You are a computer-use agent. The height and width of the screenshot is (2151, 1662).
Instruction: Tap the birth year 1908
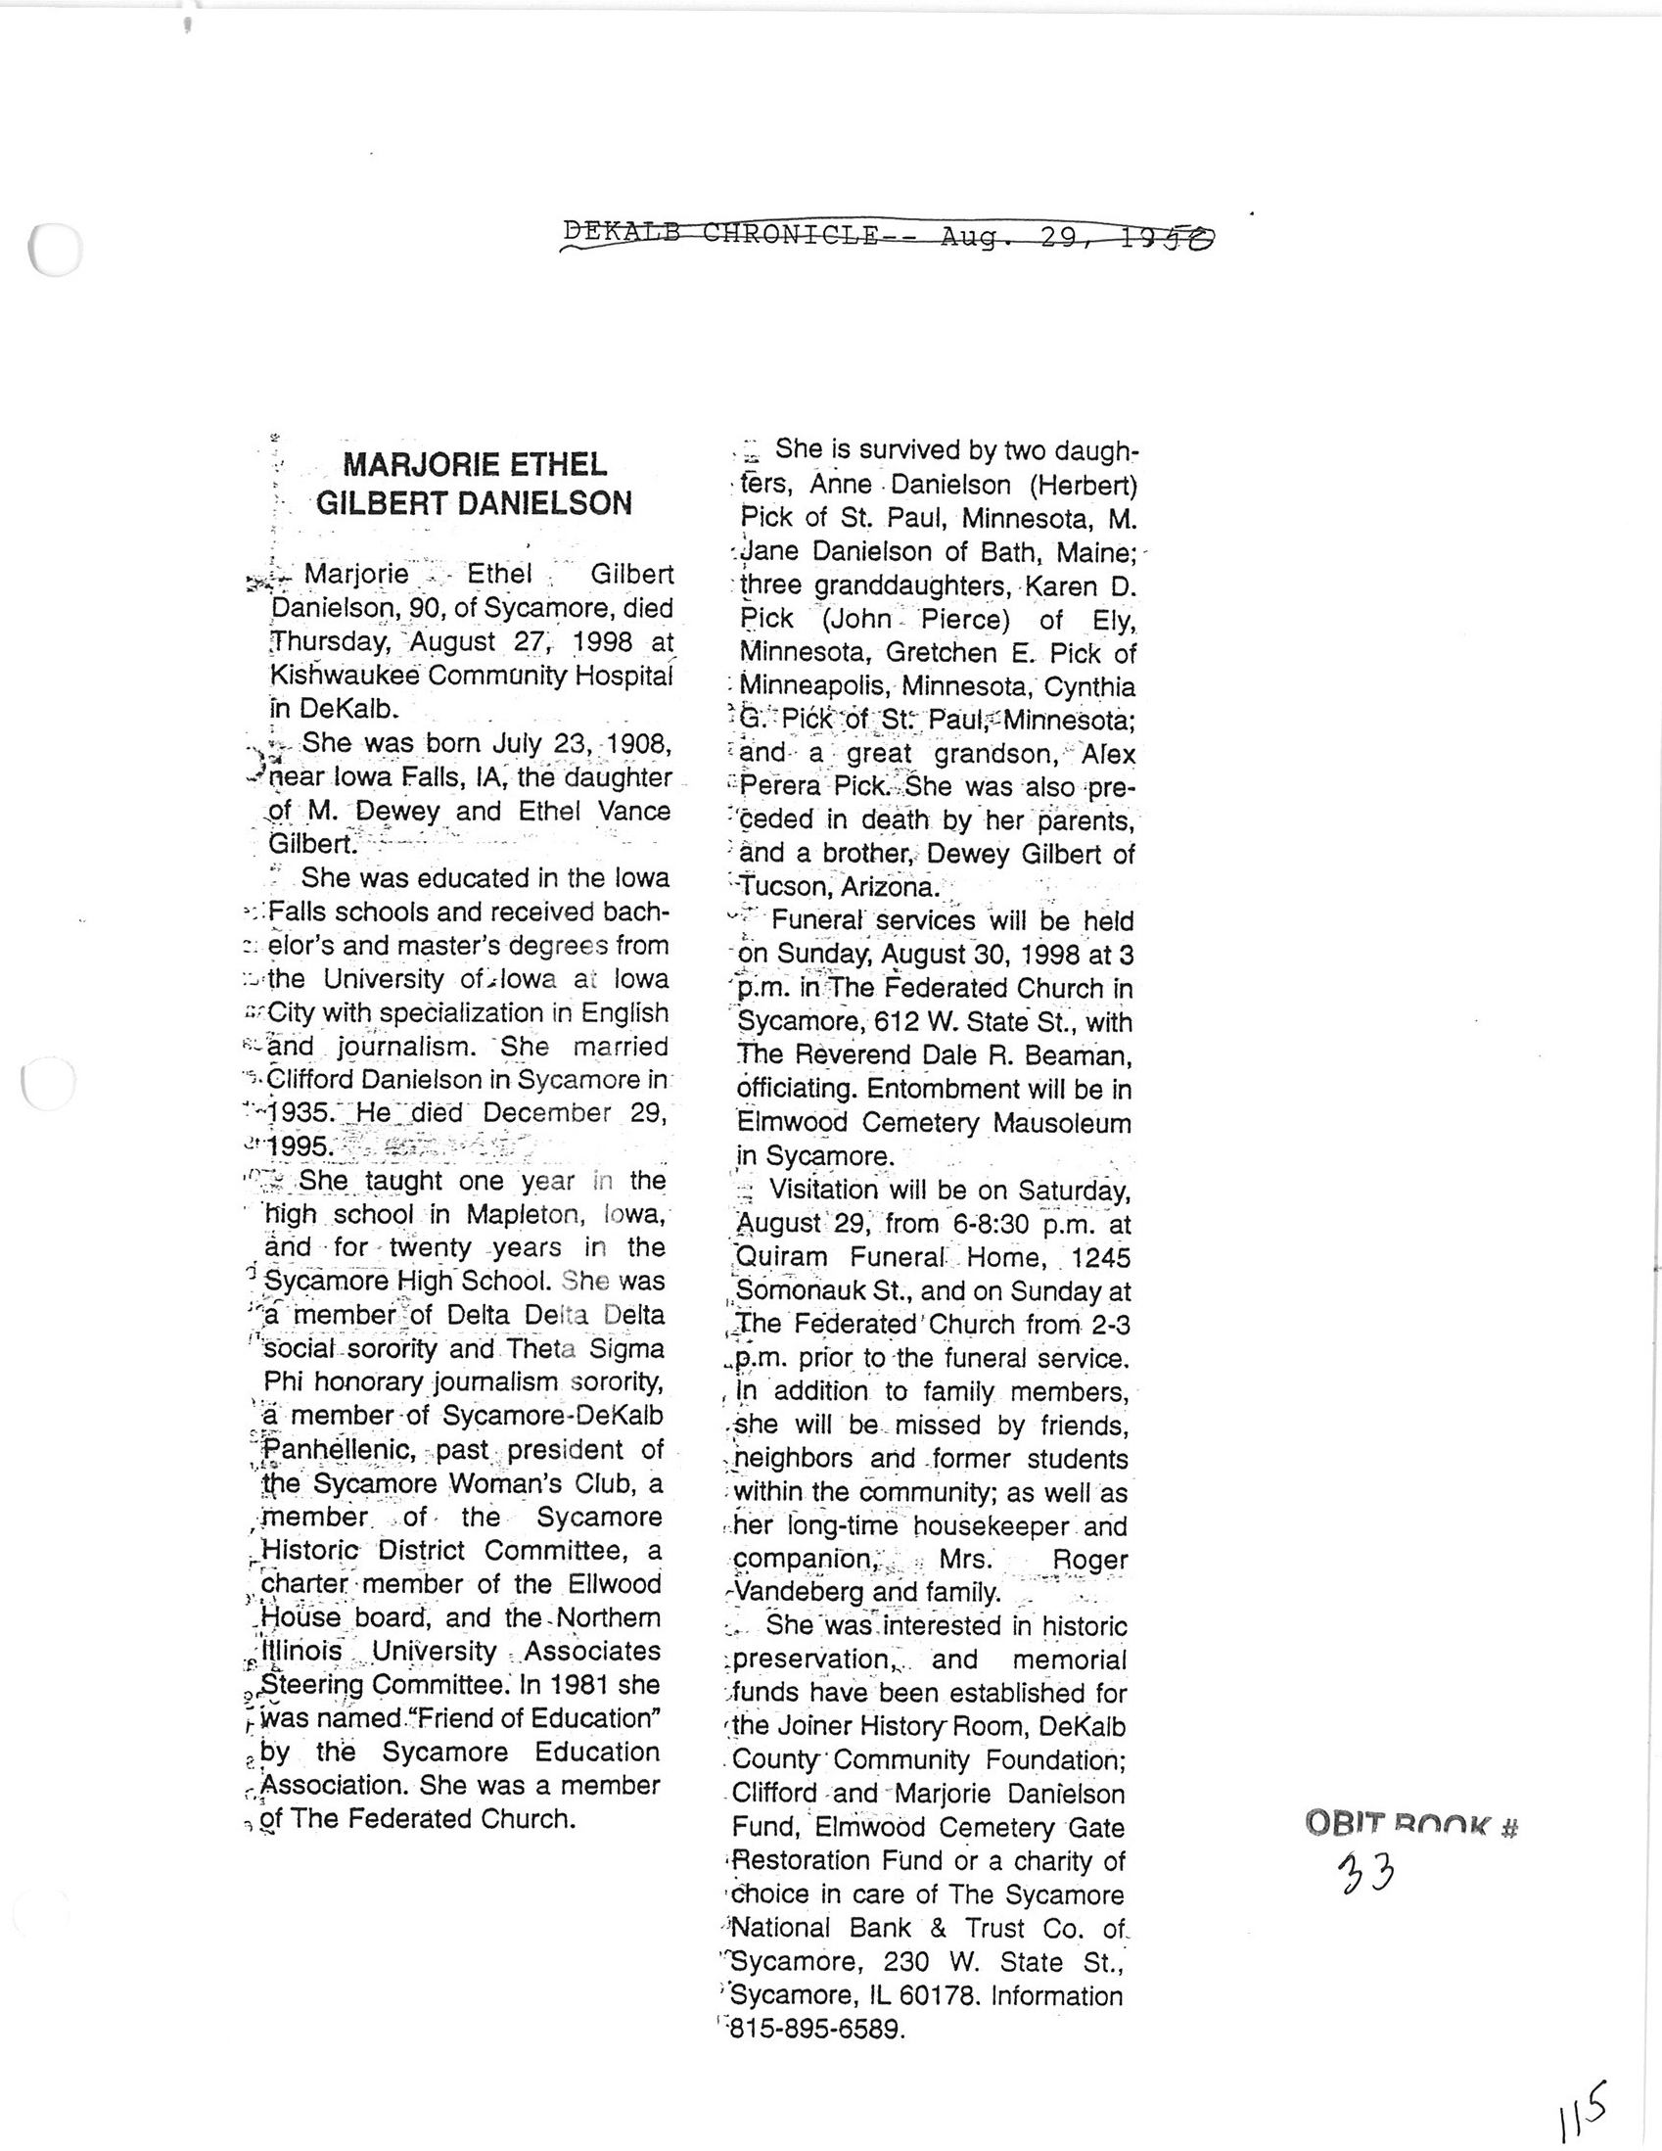pos(637,743)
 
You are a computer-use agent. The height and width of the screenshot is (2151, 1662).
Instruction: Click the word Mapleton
pos(519,1214)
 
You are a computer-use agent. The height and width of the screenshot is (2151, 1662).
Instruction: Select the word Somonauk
pos(801,1291)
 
